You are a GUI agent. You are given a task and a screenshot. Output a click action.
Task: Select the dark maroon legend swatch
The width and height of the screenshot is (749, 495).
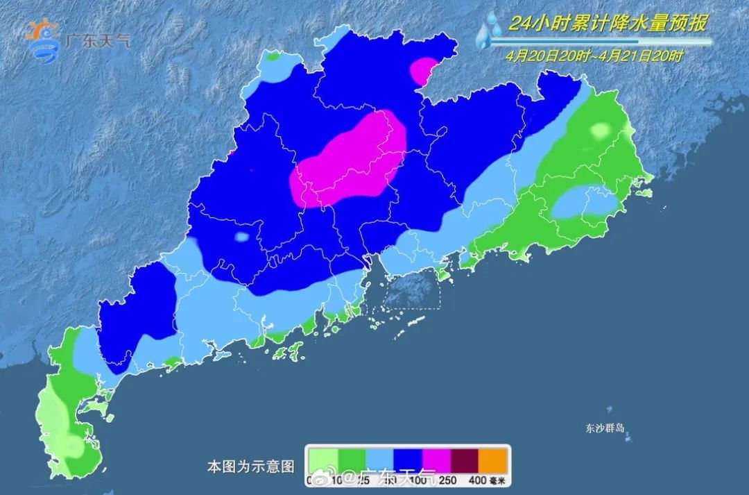[465, 458]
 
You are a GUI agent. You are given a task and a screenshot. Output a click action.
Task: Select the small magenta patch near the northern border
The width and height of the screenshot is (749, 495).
[422, 70]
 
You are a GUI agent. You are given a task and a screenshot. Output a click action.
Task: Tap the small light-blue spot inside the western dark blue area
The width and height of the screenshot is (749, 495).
[241, 237]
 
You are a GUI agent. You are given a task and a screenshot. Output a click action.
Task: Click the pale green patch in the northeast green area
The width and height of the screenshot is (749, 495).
[600, 130]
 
